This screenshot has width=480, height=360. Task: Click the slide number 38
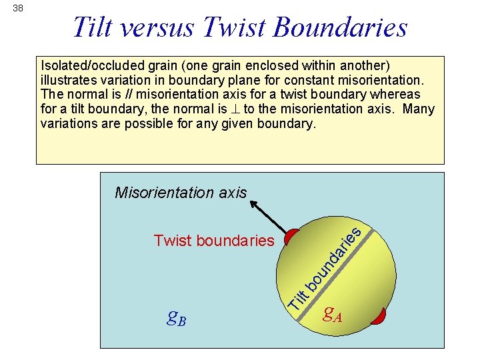tap(17, 9)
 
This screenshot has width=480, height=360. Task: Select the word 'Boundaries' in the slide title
tap(339, 27)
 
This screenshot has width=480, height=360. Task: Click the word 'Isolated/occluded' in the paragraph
tap(91, 66)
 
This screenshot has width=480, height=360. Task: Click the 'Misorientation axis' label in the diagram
tap(180, 193)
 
